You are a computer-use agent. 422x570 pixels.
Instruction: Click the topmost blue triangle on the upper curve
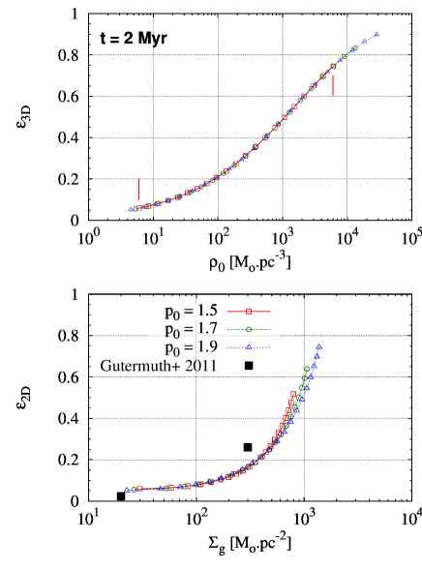377,35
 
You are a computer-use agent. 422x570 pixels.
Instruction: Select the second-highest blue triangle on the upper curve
365,42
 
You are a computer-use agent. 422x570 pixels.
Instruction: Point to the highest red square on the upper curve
333,67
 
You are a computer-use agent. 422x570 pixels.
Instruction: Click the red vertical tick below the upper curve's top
333,85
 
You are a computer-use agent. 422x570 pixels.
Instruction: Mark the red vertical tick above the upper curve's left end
138,189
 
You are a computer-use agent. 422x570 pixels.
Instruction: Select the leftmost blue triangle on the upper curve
131,209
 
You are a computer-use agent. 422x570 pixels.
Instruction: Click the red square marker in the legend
249,312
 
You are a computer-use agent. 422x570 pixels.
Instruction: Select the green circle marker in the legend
249,329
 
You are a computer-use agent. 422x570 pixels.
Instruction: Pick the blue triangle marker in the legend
249,346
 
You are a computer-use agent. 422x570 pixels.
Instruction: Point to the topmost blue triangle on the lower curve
318,346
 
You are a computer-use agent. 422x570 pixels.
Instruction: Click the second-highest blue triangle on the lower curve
316,356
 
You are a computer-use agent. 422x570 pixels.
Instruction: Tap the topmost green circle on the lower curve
307,369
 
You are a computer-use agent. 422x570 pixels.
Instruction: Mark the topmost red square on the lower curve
292,394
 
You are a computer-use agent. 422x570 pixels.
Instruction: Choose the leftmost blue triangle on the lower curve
127,490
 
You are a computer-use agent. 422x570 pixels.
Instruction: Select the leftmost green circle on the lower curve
134,490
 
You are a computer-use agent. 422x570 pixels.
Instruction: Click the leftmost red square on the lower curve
140,489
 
